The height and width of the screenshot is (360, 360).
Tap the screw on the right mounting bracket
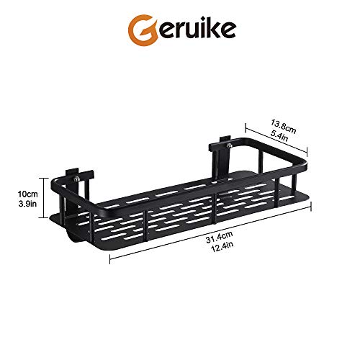tap(230, 147)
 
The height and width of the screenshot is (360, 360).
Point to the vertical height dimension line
tap(53, 199)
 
